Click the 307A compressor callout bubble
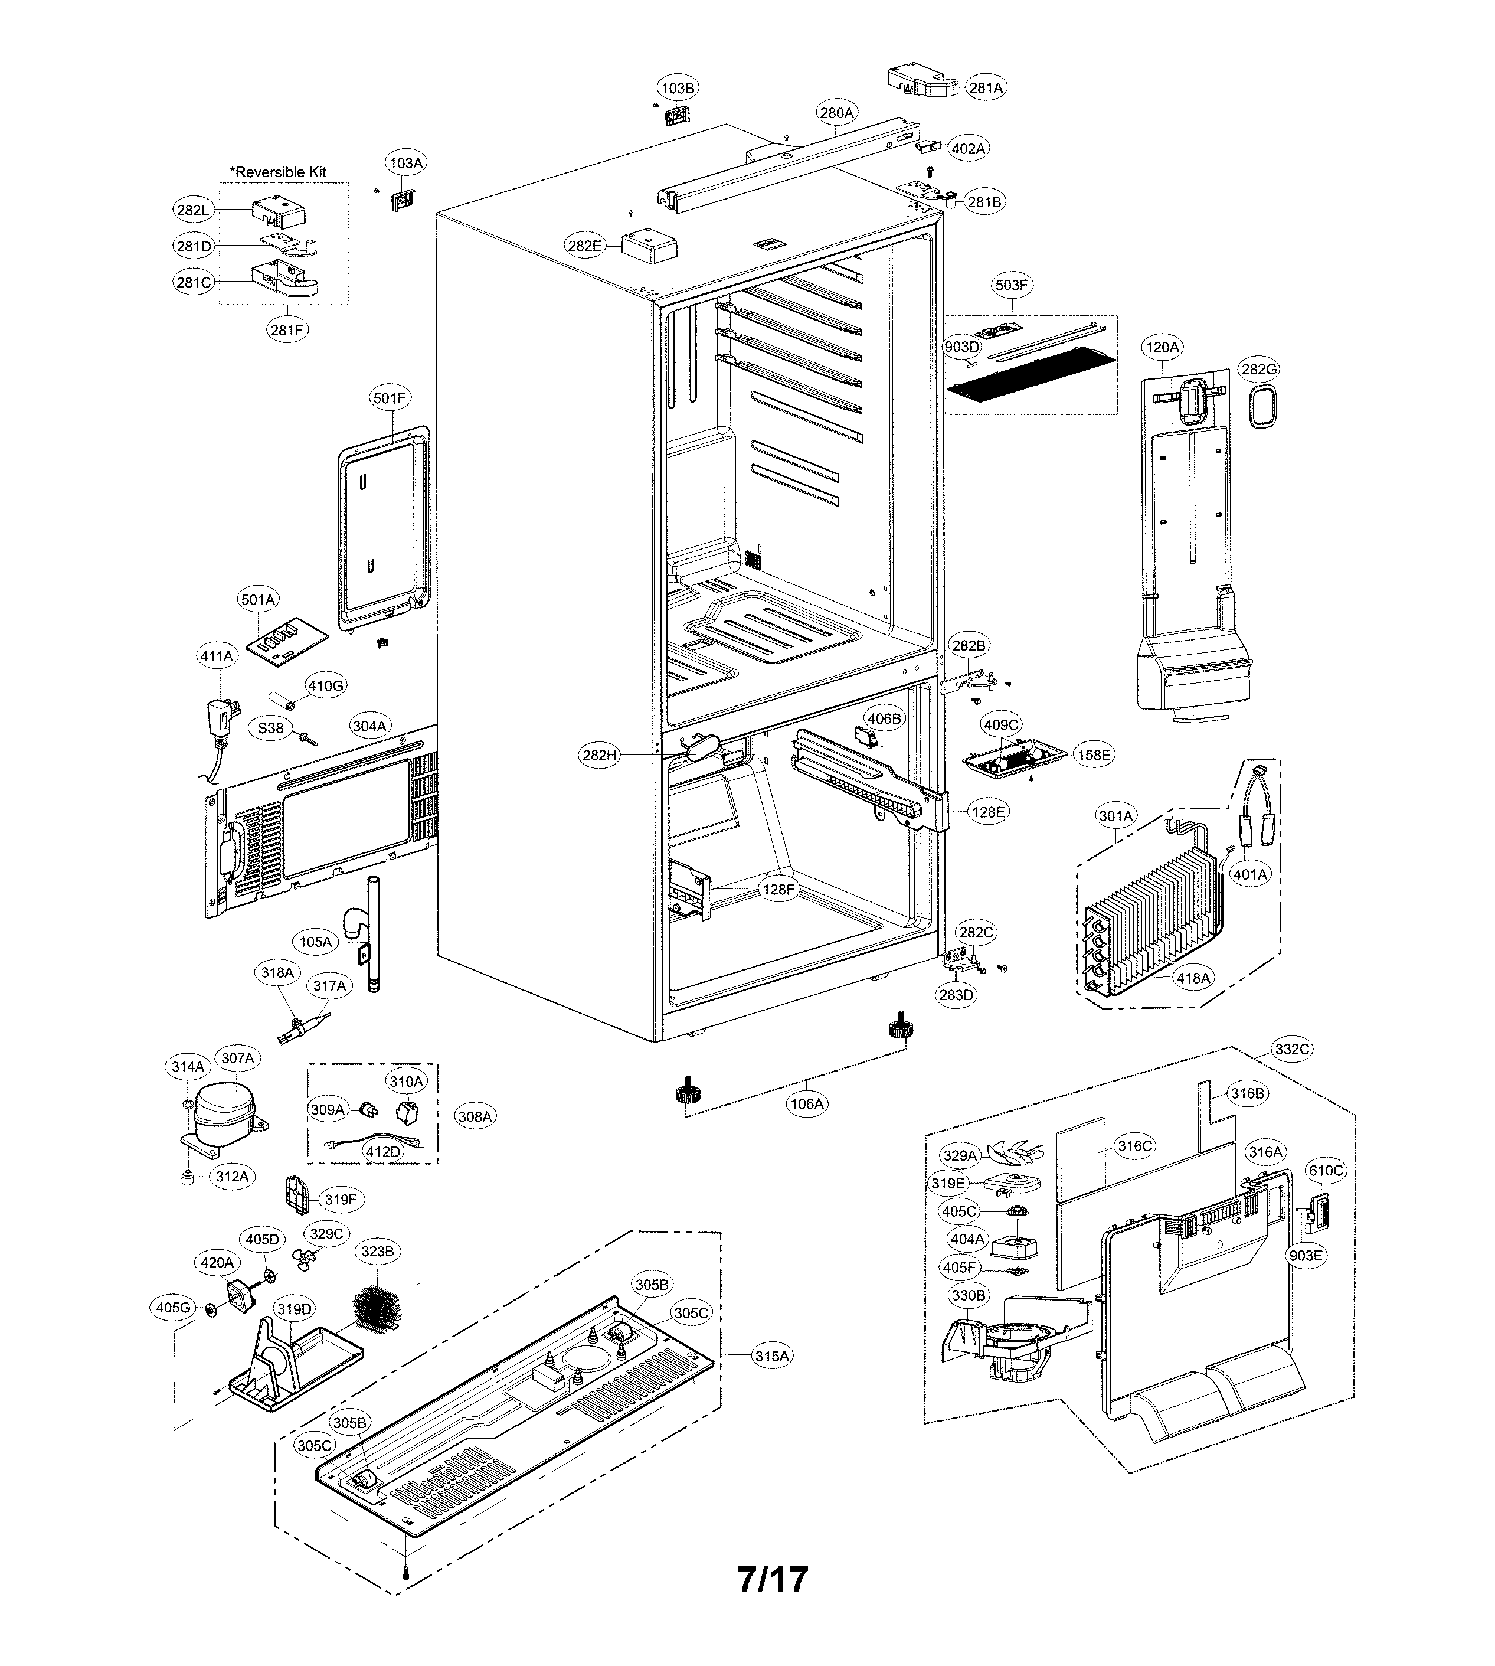coord(237,1058)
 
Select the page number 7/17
coord(772,1579)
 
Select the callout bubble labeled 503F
coord(1011,285)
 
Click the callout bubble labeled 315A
coord(772,1355)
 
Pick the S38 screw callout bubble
coord(270,728)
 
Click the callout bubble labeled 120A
coord(1162,348)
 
